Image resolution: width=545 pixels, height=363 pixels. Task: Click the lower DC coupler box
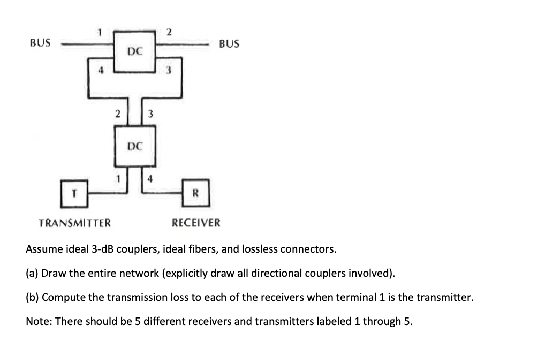135,146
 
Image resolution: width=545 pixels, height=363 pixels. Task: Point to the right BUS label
229,43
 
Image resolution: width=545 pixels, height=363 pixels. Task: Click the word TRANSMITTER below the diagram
75,223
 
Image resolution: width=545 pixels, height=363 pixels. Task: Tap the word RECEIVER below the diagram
195,223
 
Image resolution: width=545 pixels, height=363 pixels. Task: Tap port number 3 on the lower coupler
152,114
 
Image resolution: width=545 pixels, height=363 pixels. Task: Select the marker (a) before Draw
32,273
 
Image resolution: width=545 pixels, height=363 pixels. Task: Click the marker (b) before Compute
32,297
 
